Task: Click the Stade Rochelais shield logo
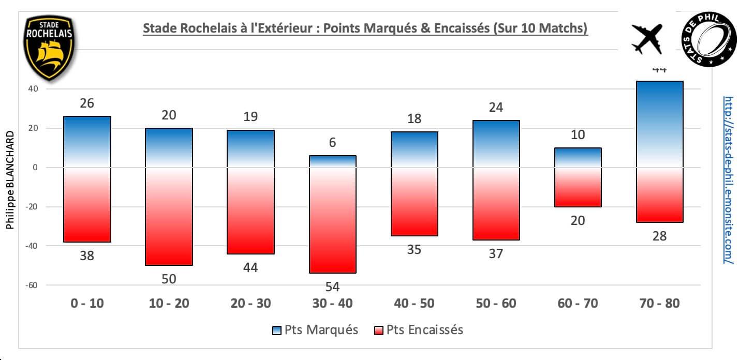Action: point(50,47)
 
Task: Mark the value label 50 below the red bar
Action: point(169,279)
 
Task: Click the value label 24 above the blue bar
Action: point(496,108)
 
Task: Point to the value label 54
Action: point(332,287)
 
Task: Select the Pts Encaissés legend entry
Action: point(418,330)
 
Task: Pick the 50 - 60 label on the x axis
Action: point(496,303)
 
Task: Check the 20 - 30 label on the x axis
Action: point(250,303)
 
